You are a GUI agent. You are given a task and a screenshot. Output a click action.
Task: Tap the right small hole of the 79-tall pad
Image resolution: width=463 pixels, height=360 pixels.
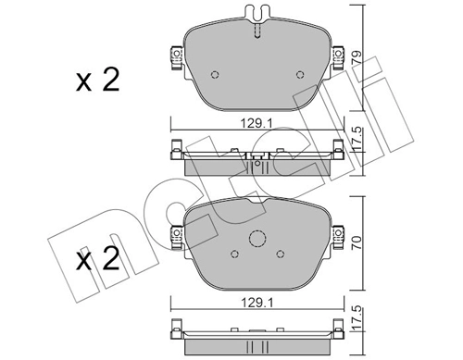coord(298,76)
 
